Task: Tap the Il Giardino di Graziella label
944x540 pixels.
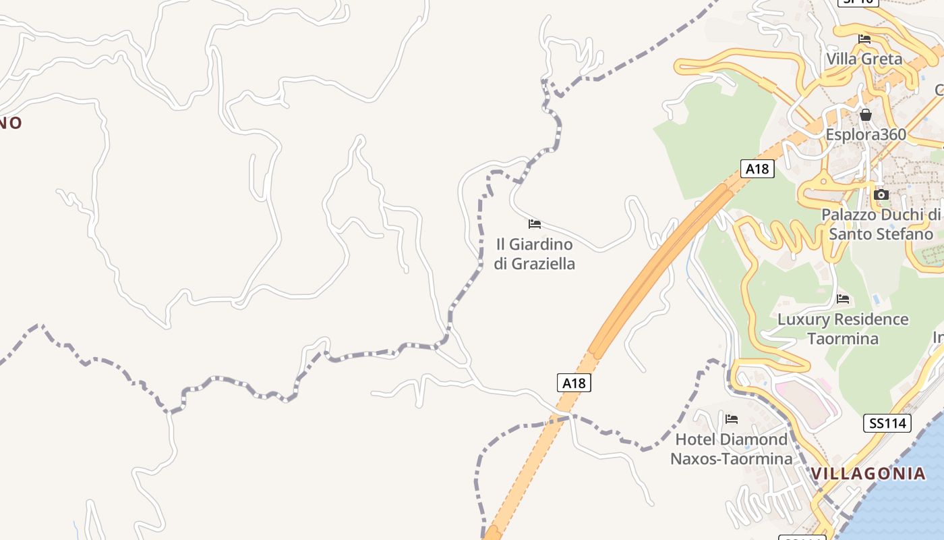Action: [534, 254]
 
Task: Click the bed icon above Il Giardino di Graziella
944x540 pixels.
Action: [535, 224]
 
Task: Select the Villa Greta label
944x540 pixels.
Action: [864, 59]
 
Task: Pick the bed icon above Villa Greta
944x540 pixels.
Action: [864, 39]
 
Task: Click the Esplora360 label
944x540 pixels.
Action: [866, 134]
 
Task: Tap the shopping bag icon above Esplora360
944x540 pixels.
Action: [866, 115]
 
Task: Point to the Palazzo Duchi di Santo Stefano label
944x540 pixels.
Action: [881, 224]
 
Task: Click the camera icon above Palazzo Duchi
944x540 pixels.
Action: [881, 195]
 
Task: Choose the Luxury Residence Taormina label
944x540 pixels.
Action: [843, 329]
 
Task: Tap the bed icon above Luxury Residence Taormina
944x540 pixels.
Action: [843, 299]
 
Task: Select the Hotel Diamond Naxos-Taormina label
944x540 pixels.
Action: [732, 449]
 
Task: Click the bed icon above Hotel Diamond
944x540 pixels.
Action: [732, 419]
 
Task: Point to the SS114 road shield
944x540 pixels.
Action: [887, 423]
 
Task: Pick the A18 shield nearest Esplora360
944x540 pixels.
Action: [757, 169]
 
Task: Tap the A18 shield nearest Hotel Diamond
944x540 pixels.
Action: [574, 383]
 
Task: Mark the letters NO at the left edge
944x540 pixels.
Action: [11, 123]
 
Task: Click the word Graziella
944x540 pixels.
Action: [543, 264]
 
